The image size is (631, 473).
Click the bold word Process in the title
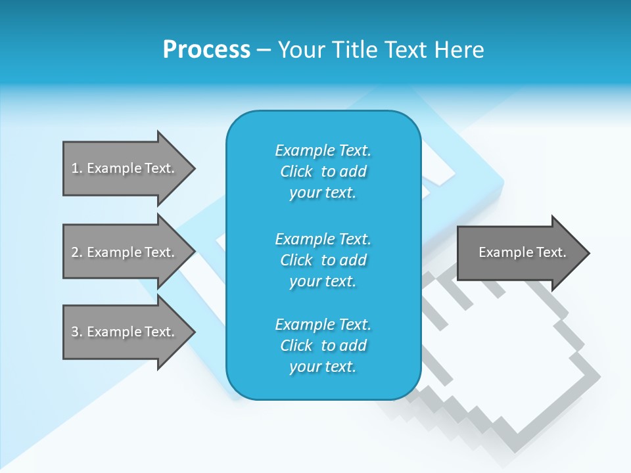(206, 49)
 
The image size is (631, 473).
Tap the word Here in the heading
(459, 49)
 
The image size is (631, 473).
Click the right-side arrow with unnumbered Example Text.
(519, 252)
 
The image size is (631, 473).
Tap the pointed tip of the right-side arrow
(588, 253)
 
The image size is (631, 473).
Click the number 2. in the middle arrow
(76, 252)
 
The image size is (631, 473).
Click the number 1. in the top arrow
(76, 168)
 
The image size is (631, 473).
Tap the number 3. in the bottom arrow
(76, 332)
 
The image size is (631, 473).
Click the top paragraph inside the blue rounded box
(323, 171)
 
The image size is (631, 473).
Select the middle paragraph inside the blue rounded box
(323, 260)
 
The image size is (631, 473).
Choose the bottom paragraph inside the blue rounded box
(323, 346)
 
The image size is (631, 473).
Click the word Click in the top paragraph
(296, 171)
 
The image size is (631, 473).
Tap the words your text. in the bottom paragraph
(323, 367)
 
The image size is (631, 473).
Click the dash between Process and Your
(264, 50)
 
